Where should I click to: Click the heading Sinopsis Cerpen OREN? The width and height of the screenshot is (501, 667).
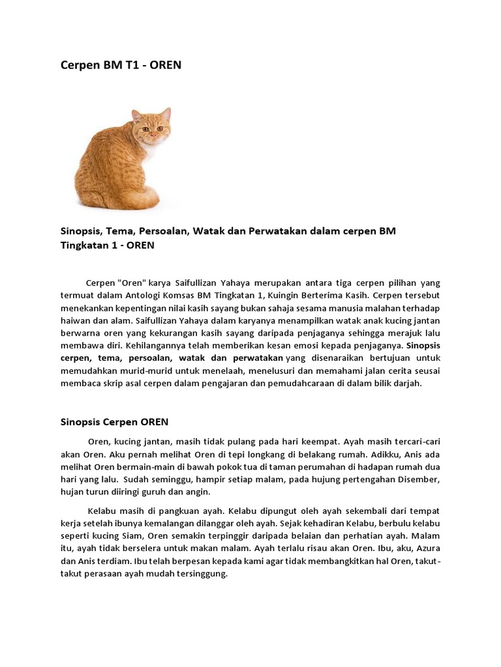(115, 421)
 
